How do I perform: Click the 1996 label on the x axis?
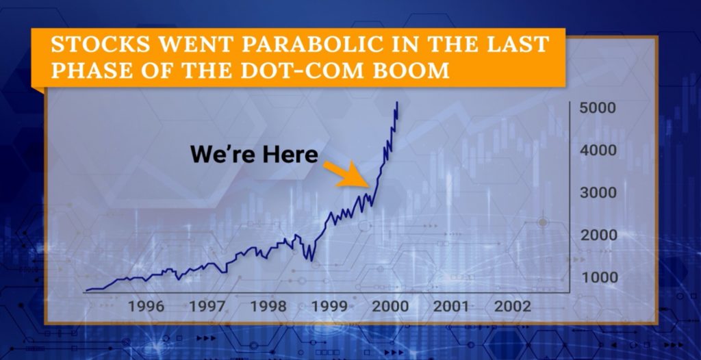point(146,307)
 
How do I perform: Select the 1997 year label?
point(207,307)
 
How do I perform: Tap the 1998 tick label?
point(268,307)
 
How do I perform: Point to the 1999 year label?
point(329,307)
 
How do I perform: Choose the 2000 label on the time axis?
point(390,307)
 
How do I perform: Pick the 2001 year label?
point(451,307)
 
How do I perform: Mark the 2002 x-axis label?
point(512,307)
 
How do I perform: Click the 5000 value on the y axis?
point(598,107)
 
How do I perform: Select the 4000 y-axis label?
point(598,151)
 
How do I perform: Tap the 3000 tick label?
point(598,193)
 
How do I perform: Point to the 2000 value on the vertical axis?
point(598,235)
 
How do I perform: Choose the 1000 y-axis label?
point(598,277)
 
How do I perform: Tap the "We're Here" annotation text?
point(254,155)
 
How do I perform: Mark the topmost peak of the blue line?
point(397,103)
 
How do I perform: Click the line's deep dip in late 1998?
point(311,260)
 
